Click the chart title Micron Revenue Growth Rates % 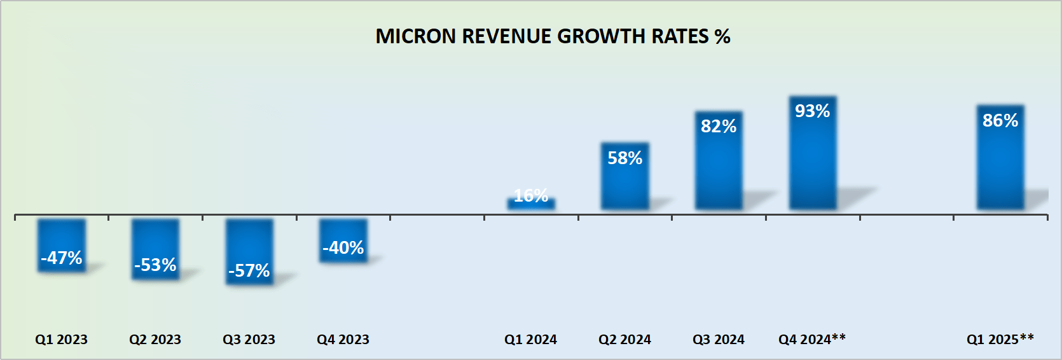553,36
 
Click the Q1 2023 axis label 61,340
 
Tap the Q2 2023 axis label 155,340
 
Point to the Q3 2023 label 249,340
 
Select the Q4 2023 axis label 343,340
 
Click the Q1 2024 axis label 530,340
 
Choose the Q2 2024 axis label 624,340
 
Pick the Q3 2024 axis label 719,340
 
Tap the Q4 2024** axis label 812,339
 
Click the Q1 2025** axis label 1000,339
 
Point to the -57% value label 249,271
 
